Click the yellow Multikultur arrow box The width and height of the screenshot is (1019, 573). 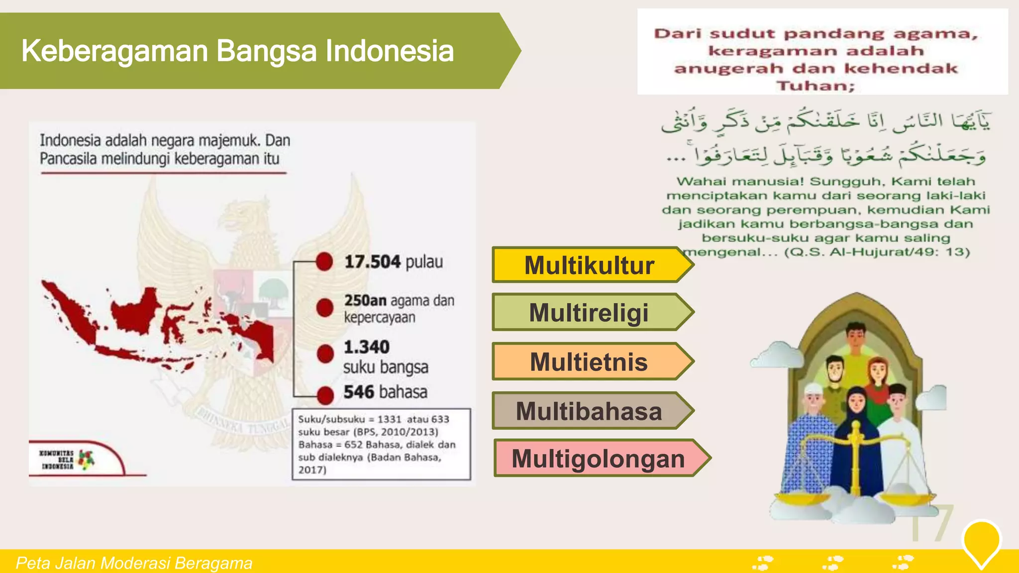coord(590,265)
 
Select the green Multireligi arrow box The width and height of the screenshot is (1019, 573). coord(590,312)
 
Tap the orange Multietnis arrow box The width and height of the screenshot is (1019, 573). coord(590,362)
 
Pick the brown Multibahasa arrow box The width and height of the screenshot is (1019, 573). coord(590,411)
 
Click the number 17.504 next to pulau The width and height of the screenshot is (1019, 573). coord(372,262)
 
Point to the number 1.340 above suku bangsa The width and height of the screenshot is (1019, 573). coord(367,347)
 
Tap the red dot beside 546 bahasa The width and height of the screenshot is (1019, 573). coord(325,395)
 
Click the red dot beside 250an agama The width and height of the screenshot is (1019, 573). coord(325,308)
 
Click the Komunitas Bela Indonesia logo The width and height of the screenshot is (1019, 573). coord(67,460)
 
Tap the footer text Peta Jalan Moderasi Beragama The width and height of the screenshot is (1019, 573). coord(134,563)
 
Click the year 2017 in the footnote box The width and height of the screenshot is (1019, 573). coord(311,470)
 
